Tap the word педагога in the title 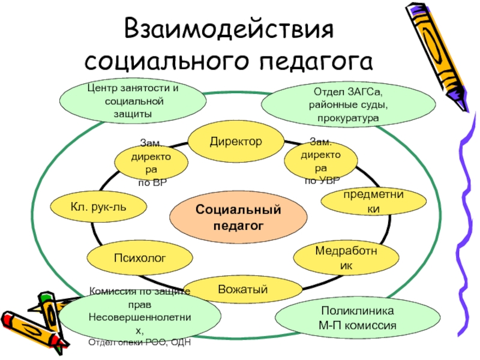317,61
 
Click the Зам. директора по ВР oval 151,162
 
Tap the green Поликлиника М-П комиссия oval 357,319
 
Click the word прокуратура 349,118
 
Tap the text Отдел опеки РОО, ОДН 139,342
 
